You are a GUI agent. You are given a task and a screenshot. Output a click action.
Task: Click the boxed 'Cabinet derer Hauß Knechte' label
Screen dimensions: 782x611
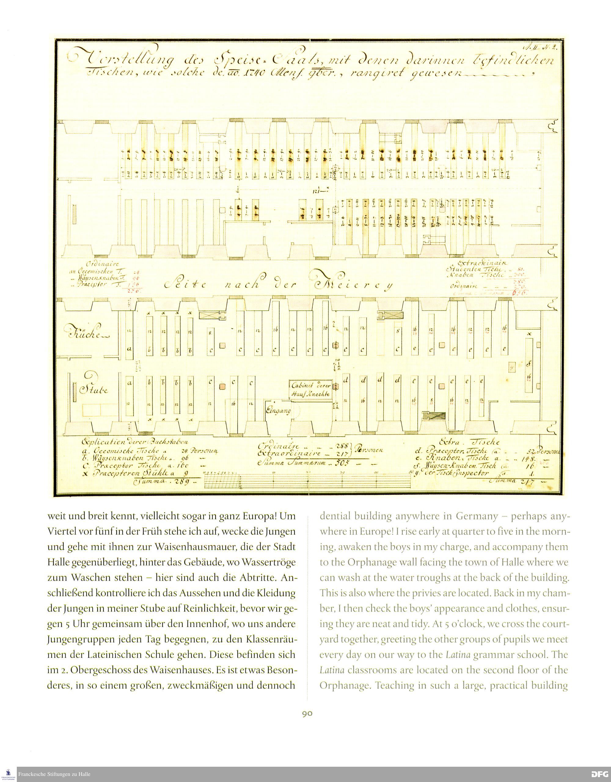310,389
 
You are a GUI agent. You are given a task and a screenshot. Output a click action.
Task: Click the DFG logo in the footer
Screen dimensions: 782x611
600,774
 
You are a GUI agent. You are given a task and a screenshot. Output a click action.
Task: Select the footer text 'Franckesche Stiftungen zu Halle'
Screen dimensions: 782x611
54,774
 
